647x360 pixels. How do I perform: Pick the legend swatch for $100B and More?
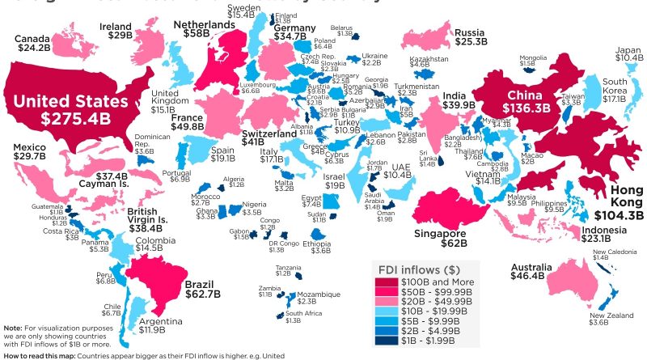point(385,282)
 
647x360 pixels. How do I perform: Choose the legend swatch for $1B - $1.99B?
point(385,339)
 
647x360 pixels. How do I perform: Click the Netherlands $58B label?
point(203,31)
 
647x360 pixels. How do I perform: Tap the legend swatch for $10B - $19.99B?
point(385,310)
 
